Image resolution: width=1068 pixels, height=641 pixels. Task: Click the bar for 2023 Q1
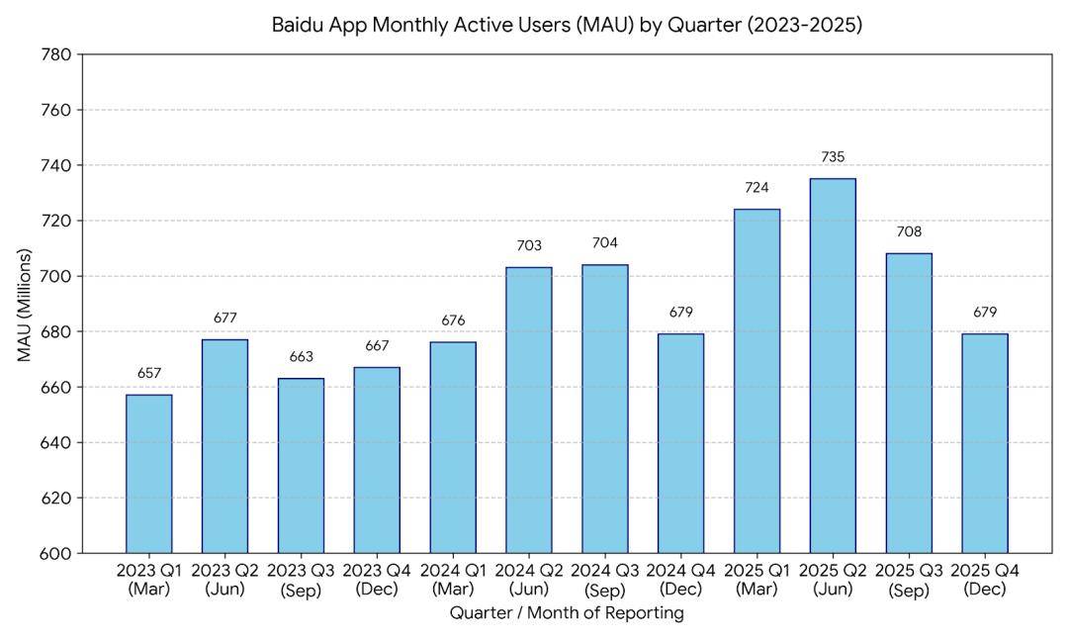pos(149,474)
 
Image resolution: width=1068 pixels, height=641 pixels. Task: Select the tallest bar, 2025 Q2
pos(833,366)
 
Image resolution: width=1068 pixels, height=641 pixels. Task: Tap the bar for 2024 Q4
pos(680,443)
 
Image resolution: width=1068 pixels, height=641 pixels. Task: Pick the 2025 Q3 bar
pos(909,404)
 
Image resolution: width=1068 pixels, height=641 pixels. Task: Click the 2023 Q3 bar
pos(301,465)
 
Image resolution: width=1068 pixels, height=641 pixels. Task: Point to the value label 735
pos(833,157)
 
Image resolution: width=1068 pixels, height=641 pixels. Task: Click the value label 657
pos(149,373)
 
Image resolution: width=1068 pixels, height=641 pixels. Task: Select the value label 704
pos(605,243)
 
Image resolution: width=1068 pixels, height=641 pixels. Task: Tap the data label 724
pos(756,188)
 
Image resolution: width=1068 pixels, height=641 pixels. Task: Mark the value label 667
pos(377,346)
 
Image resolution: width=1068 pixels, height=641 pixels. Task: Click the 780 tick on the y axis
pos(57,54)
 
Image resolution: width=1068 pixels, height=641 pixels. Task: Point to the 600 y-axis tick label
pos(57,553)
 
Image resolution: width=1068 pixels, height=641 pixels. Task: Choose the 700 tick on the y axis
pos(57,276)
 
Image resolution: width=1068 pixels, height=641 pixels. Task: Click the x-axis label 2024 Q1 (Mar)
pos(453,580)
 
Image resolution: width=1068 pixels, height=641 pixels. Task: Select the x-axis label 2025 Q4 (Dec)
pos(985,580)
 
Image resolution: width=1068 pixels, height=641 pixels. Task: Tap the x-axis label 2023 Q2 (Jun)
pos(224,580)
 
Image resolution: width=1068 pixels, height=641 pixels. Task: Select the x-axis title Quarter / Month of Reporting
pos(567,613)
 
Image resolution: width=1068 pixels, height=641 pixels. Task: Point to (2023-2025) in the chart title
pos(804,25)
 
